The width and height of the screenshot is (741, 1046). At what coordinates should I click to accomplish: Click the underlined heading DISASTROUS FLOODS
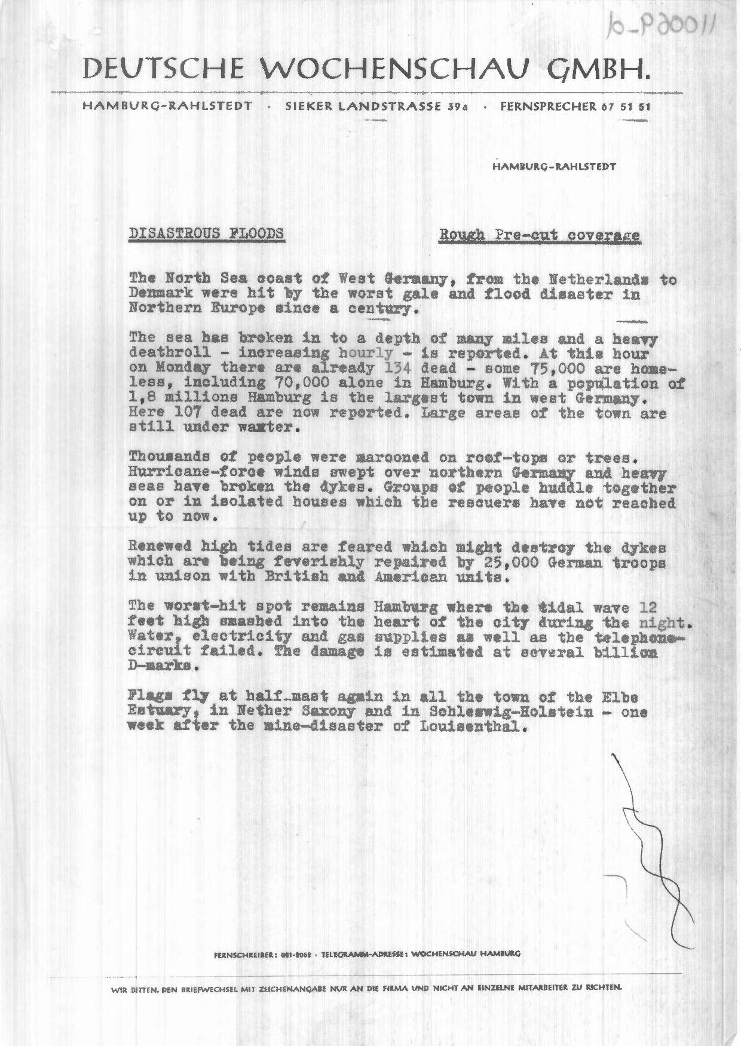pos(207,233)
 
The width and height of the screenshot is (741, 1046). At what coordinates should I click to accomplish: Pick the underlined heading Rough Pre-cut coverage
pos(540,235)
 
